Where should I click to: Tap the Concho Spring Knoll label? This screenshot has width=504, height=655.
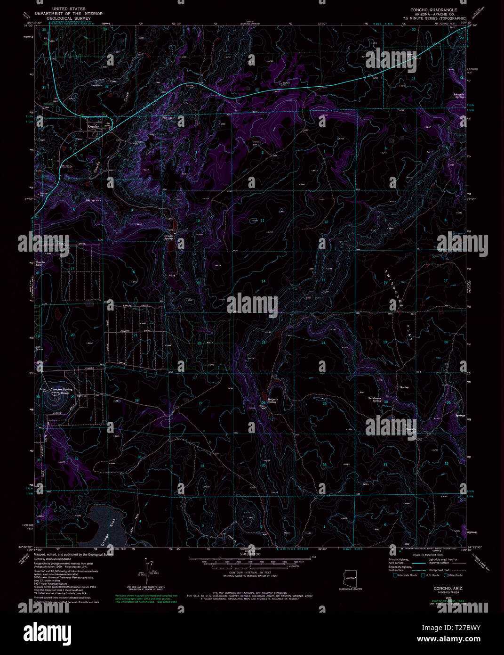pos(62,391)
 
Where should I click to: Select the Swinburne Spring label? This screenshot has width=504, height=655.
pos(377,400)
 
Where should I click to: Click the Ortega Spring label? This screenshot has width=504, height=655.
pos(168,237)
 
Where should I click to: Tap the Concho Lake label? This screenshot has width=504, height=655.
pos(40,264)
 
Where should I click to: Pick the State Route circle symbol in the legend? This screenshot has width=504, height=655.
pos(445,575)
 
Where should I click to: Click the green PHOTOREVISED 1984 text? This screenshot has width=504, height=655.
pos(448,602)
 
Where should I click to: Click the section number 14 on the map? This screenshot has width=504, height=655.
pos(263,281)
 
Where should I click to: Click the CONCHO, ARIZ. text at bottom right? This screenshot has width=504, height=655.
pos(448,589)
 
